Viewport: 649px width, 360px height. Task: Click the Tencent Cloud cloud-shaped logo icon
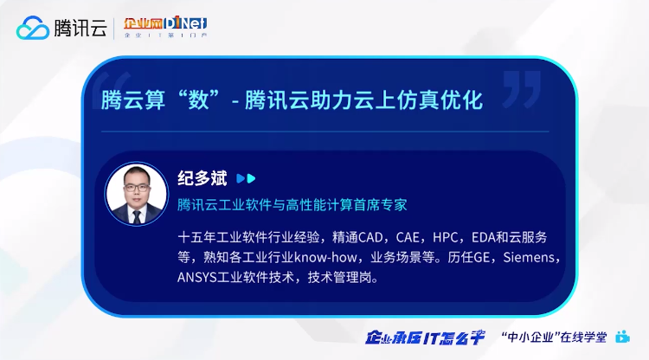tap(33, 28)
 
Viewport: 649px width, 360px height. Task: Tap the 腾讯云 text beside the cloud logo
tap(80, 28)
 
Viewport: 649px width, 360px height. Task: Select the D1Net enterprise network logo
tap(165, 27)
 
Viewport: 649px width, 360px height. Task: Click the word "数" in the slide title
tap(198, 100)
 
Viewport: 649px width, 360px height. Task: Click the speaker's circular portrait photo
tap(137, 194)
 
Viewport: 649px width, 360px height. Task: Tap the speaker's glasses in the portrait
tap(136, 188)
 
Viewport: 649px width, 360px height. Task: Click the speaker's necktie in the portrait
tap(137, 216)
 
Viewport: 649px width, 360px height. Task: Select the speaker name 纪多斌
tap(202, 178)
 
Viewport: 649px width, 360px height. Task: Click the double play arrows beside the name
tap(246, 178)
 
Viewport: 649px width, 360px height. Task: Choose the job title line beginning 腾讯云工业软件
tap(292, 204)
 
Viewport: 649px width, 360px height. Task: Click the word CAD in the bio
tap(370, 237)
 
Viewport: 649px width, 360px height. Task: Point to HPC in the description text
tap(446, 237)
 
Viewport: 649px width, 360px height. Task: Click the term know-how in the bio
tap(325, 257)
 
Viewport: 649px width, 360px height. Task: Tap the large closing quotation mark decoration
tap(523, 88)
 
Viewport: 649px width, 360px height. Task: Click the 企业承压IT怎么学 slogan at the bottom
tap(425, 337)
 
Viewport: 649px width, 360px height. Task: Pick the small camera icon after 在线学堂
tap(622, 337)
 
